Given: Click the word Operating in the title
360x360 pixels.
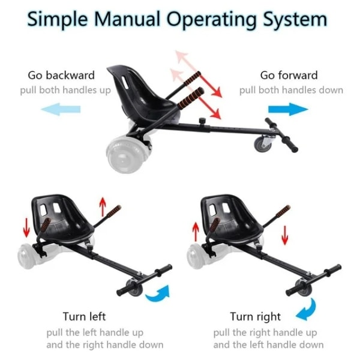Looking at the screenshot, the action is click(211, 20).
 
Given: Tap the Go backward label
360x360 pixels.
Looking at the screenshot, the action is click(61, 76).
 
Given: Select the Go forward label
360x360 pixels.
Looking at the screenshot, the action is click(289, 76).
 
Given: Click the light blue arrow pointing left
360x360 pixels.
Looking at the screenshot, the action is click(61, 109).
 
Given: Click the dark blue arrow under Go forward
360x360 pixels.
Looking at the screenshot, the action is click(288, 109).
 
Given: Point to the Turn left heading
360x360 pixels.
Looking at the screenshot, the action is click(84, 316).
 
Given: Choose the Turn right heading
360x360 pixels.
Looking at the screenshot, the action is click(256, 317).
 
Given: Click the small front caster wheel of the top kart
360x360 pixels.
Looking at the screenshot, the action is click(263, 144).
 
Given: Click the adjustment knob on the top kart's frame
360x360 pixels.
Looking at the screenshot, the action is click(202, 121).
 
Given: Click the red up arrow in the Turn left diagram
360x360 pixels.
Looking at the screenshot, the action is click(103, 206).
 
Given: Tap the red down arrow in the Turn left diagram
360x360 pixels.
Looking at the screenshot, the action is click(26, 227).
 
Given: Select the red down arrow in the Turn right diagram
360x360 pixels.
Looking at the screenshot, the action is click(285, 235).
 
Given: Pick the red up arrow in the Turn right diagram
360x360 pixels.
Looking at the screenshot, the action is click(196, 232).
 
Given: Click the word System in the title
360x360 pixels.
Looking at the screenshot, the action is click(295, 20).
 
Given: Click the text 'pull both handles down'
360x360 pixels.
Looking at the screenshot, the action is click(291, 90).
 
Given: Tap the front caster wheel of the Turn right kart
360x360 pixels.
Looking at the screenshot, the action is click(304, 287).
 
